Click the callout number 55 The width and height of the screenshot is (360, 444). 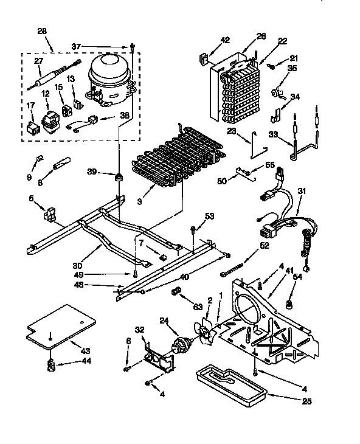click(270, 165)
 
